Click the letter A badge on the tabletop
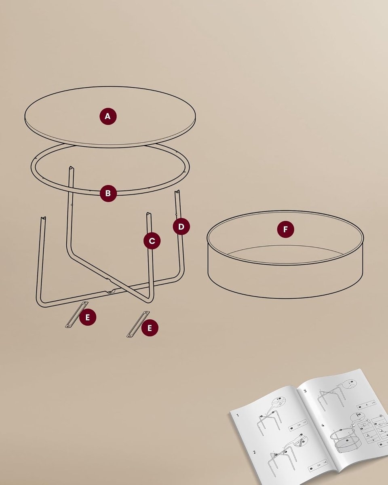[x=108, y=116]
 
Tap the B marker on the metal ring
[x=108, y=193]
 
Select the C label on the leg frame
[x=152, y=241]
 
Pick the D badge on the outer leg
[x=181, y=227]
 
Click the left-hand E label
[x=88, y=318]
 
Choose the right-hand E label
[x=150, y=328]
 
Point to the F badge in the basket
[x=285, y=230]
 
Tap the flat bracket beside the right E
[x=138, y=324]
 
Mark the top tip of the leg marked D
[x=177, y=192]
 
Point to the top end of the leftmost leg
[x=43, y=219]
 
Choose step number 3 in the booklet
[x=305, y=391]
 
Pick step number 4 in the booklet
[x=322, y=425]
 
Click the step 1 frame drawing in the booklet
[x=267, y=420]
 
